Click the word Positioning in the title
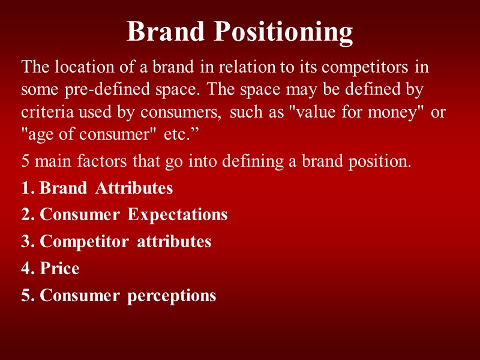point(284,32)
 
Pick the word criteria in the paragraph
point(43,112)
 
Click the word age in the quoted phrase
point(38,135)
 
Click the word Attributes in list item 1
point(134,188)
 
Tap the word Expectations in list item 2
point(178,215)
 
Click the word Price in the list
point(59,268)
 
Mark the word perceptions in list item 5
point(172,296)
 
